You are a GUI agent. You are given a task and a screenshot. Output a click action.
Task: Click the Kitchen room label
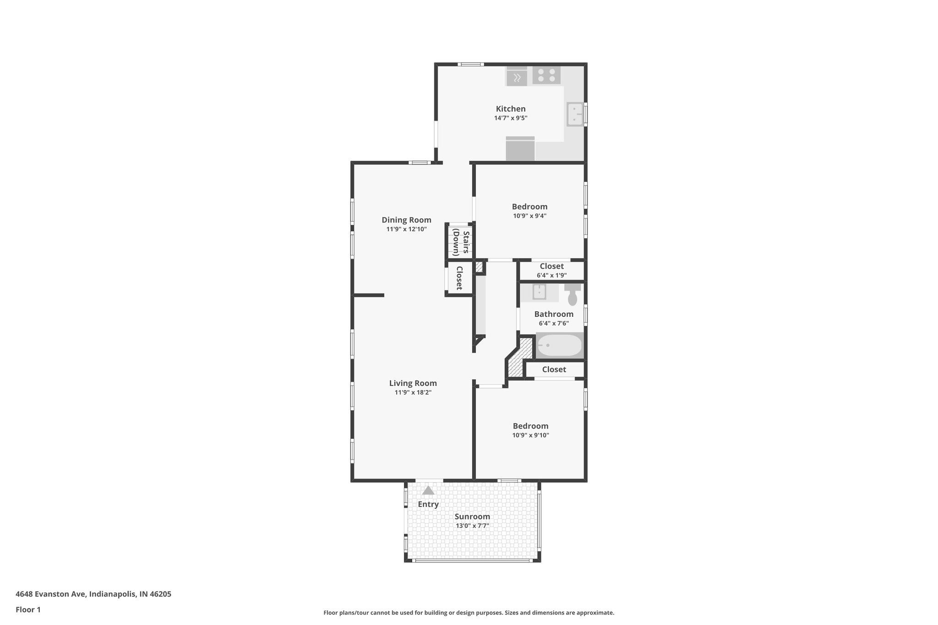511,109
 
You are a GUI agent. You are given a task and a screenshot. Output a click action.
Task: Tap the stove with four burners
546,76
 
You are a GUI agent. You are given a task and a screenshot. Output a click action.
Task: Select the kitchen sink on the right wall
575,114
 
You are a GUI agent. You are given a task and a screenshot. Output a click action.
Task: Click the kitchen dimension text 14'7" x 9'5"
511,118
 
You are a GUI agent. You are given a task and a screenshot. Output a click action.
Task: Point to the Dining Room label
406,220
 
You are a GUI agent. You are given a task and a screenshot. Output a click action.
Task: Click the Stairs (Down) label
461,243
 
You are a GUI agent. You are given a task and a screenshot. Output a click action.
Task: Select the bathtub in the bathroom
559,346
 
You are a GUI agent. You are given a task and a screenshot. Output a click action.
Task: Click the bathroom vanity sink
539,292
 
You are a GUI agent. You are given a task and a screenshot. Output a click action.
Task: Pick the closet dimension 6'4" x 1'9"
551,276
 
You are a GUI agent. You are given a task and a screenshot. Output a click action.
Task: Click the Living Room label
413,383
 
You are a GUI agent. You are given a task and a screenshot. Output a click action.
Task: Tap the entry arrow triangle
428,491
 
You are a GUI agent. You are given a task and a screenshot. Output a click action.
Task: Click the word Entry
428,504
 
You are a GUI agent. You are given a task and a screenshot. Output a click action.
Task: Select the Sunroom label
472,516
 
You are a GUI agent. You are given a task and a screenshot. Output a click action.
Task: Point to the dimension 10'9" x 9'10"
530,435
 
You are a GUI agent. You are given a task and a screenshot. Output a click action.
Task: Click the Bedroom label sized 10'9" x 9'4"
529,207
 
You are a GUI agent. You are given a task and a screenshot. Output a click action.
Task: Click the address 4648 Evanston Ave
50,594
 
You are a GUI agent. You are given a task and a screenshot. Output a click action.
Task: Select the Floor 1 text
28,609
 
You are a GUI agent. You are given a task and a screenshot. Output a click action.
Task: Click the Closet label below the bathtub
554,370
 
